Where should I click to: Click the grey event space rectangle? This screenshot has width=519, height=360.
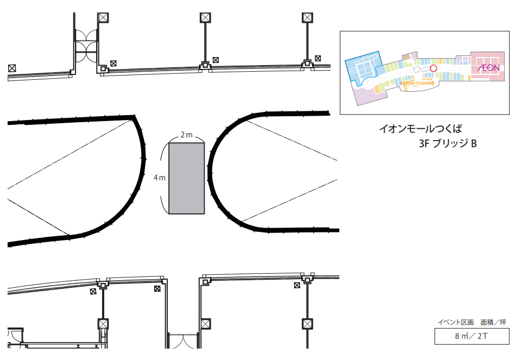coord(187,178)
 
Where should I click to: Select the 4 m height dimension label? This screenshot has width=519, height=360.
coord(159,178)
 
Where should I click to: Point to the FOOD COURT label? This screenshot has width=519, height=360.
coord(417,83)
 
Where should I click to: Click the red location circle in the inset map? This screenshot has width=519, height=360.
coord(433,68)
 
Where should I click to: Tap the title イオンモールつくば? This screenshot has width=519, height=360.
coord(423,130)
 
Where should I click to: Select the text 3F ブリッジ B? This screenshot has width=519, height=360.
coord(447,144)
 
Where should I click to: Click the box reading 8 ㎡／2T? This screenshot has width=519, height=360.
coord(471,337)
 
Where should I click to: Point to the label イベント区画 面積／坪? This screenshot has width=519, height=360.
coord(471,323)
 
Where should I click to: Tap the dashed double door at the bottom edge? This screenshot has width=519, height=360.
coord(183,342)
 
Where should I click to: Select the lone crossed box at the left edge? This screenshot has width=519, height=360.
coord(12,68)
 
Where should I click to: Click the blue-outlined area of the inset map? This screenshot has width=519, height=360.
coord(362,67)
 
